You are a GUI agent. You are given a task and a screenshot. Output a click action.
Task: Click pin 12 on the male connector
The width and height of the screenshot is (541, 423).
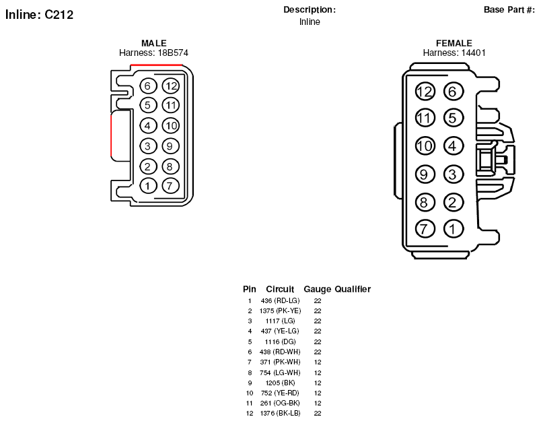tap(171, 86)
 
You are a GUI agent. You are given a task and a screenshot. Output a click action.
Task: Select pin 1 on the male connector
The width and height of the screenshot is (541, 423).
tap(148, 186)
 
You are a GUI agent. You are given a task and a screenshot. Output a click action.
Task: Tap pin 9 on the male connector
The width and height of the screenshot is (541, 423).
tap(170, 146)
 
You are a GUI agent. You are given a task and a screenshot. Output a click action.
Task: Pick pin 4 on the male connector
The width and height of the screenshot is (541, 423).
tap(148, 125)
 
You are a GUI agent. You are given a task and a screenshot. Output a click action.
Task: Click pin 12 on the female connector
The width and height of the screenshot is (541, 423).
tap(425, 92)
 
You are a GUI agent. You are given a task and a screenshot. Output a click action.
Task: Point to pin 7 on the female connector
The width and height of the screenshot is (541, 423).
tap(425, 228)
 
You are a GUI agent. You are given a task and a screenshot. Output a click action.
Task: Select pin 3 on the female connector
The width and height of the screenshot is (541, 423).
tap(453, 174)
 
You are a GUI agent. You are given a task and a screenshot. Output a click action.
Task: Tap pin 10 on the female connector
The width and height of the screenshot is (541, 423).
tap(425, 145)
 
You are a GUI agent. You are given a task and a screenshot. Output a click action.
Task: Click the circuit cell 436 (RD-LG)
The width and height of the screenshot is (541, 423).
tap(280, 301)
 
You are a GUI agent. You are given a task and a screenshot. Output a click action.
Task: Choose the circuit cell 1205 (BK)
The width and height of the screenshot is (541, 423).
tap(280, 383)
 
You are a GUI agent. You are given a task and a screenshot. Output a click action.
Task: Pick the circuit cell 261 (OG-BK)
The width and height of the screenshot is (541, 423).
tap(280, 403)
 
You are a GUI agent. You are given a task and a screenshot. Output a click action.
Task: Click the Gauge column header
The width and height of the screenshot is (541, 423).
tap(317, 289)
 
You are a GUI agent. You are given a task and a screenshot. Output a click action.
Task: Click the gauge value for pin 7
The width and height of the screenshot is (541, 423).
tap(318, 362)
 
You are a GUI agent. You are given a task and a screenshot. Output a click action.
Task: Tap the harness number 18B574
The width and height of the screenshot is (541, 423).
tap(173, 53)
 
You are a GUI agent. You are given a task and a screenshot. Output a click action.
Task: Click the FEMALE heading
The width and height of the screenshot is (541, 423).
tap(454, 43)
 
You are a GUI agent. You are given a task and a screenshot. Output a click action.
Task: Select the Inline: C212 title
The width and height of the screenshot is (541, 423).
tap(39, 15)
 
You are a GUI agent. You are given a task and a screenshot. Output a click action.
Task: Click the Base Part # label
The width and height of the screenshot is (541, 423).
tap(509, 9)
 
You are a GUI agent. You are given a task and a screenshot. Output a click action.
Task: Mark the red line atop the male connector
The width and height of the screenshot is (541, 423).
tap(156, 65)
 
